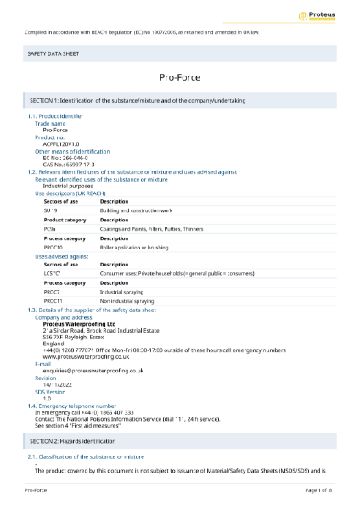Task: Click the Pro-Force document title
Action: tap(179, 78)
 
